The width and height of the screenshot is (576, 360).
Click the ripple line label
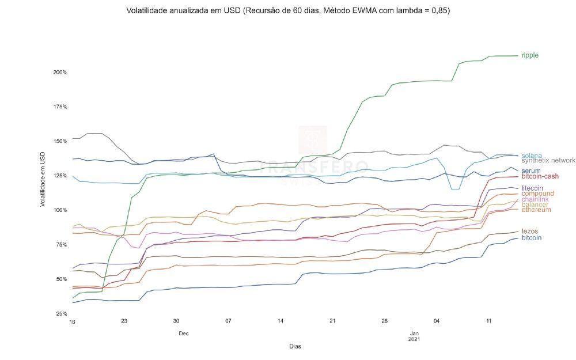coord(530,55)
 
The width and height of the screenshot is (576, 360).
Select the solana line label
coord(532,156)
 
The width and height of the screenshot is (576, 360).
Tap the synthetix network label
coord(548,161)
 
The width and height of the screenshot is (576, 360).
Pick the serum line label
coord(530,170)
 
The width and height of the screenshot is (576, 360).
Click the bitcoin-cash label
coord(540,176)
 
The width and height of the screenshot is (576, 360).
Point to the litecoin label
coord(532,188)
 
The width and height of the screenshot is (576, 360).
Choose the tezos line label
coord(529,231)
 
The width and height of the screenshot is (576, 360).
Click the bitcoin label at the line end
coord(531,237)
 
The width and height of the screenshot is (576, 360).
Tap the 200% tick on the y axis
coord(60,73)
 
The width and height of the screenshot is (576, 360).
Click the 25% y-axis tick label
coord(62,314)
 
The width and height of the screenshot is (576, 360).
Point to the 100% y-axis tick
coord(60,210)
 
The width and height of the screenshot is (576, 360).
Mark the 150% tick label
coord(60,142)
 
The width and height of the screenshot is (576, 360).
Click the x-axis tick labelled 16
coord(72,321)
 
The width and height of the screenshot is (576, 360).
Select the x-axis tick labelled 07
coord(229,321)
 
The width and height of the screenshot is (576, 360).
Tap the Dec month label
coord(183,333)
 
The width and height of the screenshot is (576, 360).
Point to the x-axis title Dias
coord(294,347)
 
